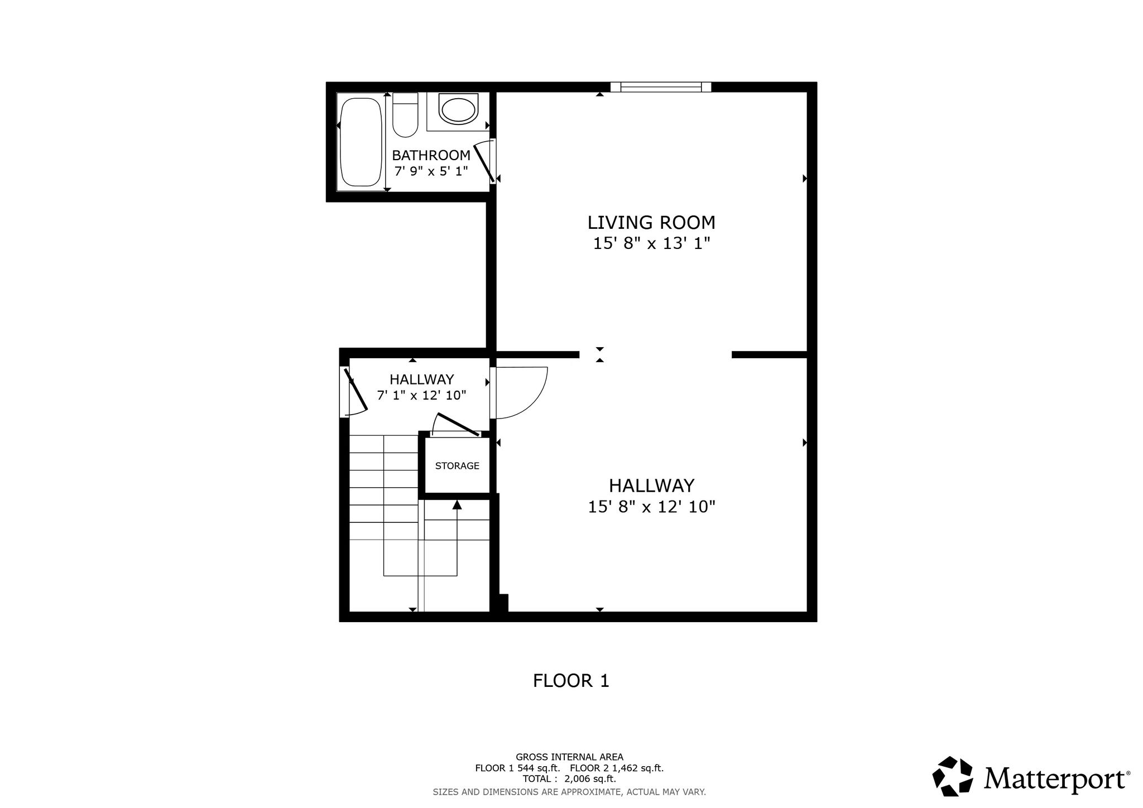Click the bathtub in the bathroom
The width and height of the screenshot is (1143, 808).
tap(361, 142)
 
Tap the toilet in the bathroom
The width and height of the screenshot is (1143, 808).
tap(405, 115)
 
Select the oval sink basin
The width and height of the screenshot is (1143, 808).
tap(459, 109)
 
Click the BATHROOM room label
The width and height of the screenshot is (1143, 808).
tap(431, 155)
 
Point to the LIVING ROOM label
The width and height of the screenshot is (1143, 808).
tap(651, 223)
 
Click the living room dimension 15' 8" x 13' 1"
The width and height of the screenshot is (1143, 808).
tap(651, 244)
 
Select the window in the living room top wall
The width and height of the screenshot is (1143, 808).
tap(661, 87)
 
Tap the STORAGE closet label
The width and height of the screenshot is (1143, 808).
tap(457, 466)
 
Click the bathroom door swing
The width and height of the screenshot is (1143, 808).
tap(485, 161)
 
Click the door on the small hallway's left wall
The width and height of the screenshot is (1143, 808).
tap(353, 392)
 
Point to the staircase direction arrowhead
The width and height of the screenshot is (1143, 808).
tap(457, 504)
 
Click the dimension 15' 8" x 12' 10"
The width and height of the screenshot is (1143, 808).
tap(651, 507)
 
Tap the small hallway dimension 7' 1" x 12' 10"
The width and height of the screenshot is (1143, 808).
tap(422, 395)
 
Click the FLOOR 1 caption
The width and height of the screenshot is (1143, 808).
tap(571, 681)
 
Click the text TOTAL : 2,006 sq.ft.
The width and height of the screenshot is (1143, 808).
tap(569, 779)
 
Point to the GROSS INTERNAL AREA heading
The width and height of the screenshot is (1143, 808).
tap(569, 757)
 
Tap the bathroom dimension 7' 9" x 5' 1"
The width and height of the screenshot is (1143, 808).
tap(431, 171)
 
